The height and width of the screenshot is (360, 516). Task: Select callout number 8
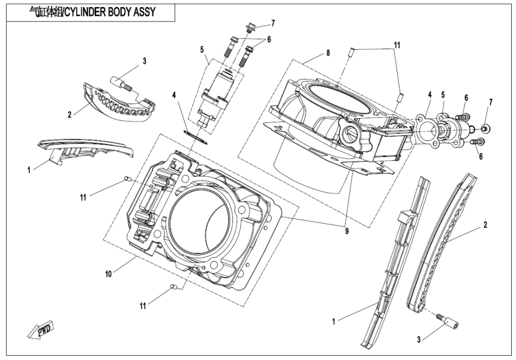[328, 53]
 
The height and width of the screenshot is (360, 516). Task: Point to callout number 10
[108, 274]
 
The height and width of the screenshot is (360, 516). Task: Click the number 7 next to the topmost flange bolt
[272, 23]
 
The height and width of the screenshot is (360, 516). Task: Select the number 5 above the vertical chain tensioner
[202, 49]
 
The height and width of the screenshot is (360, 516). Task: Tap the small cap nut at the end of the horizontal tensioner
[486, 128]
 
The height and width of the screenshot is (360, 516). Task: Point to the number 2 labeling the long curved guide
[485, 225]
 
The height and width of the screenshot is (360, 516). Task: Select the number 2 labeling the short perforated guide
[69, 114]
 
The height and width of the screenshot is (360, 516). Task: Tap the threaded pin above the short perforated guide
[122, 83]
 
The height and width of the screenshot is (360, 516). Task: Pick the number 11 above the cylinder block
[397, 45]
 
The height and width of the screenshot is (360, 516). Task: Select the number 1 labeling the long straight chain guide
[334, 322]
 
